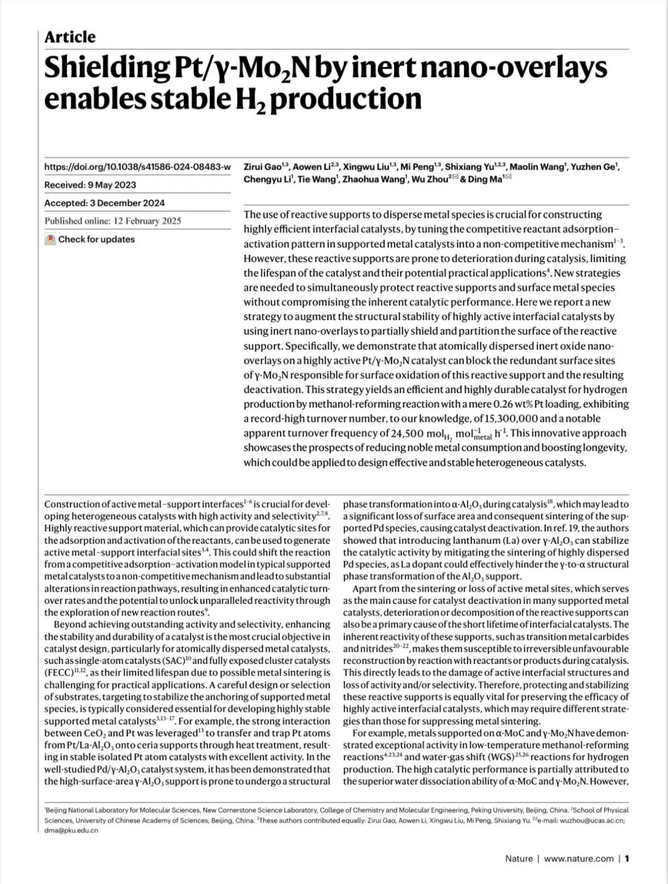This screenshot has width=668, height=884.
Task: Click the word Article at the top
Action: point(70,37)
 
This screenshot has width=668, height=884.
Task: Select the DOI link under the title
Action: point(137,167)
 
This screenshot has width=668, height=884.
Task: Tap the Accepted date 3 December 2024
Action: point(131,203)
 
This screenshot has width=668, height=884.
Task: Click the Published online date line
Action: point(113,221)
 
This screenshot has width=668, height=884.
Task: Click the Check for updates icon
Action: point(50,239)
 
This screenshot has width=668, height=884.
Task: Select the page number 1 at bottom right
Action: point(627,858)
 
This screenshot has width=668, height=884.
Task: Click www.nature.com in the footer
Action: point(579,858)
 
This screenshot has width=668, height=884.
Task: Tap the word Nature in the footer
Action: point(518,858)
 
